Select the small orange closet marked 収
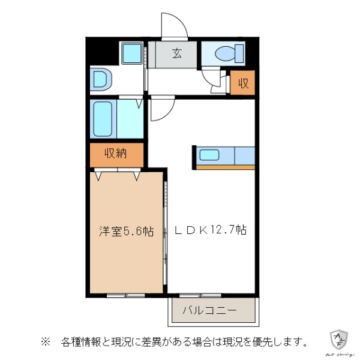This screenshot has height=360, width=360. coord(243,83)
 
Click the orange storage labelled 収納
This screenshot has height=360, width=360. coord(116,154)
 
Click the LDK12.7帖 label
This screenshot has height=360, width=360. coord(211,230)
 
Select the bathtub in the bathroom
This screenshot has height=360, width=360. coord(104,119)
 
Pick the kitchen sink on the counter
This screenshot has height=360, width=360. coord(209,155)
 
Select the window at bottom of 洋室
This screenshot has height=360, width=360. coord(125,295)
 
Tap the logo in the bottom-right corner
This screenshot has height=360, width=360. coord(340,340)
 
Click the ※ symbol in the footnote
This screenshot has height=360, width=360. coord(44,343)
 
